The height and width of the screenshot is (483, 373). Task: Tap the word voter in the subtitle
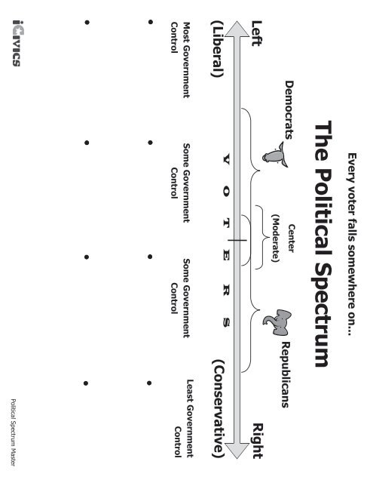(x=352, y=202)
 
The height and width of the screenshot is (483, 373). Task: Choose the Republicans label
(x=286, y=374)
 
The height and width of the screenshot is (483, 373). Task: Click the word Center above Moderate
(x=291, y=238)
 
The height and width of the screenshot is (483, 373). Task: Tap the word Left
(x=257, y=33)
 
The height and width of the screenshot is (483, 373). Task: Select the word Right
(x=258, y=441)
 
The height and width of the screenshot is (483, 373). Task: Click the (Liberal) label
(x=217, y=48)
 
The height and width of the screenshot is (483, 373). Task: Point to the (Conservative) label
(x=218, y=408)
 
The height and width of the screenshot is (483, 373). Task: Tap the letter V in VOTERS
(x=226, y=159)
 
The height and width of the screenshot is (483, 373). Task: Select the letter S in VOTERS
(x=226, y=322)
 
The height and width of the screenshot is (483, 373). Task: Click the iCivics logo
(x=17, y=43)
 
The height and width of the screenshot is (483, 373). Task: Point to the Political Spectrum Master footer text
(x=14, y=432)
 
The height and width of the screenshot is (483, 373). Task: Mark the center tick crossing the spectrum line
(x=237, y=240)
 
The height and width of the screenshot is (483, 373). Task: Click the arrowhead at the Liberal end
(x=237, y=29)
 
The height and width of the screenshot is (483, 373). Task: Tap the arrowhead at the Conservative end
(x=237, y=451)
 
